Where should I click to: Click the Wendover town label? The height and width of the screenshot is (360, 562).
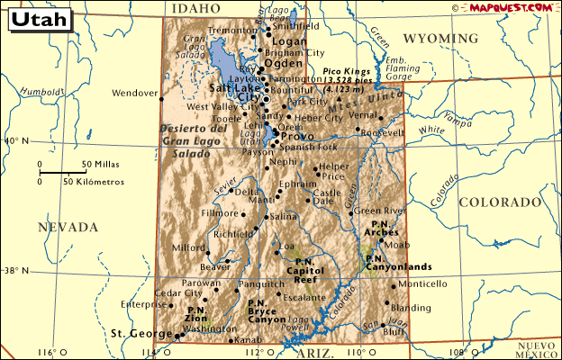point(135,93)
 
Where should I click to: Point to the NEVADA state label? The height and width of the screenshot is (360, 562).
point(68,228)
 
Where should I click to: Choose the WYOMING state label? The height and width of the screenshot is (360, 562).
point(440,39)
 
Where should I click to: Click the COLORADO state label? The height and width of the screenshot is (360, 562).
point(499,202)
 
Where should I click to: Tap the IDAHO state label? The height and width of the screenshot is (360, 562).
point(194,8)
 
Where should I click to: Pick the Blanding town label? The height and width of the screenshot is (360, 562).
point(412,307)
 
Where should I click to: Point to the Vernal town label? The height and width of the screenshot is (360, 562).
point(362,115)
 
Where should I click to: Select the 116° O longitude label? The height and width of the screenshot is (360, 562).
point(53,352)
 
